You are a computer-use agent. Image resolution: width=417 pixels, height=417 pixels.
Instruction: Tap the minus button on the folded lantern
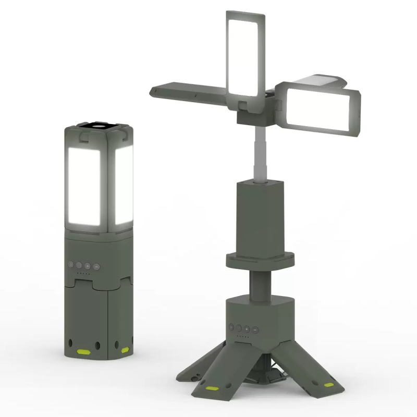96,266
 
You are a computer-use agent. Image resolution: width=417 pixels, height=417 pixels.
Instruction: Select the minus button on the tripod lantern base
255,329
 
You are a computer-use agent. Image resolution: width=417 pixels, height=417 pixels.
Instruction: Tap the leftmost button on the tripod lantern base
230,328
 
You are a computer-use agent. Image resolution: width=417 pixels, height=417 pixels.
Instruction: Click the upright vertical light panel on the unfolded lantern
243,55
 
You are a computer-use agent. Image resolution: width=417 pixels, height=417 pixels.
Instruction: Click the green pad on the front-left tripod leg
213,389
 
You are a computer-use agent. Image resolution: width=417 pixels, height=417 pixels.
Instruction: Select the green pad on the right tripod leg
329,385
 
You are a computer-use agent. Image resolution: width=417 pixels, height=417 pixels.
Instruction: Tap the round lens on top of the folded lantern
97,126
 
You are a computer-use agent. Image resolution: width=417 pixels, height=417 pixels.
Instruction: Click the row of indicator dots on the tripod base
242,337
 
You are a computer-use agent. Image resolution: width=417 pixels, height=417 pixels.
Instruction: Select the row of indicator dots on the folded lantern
83,273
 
